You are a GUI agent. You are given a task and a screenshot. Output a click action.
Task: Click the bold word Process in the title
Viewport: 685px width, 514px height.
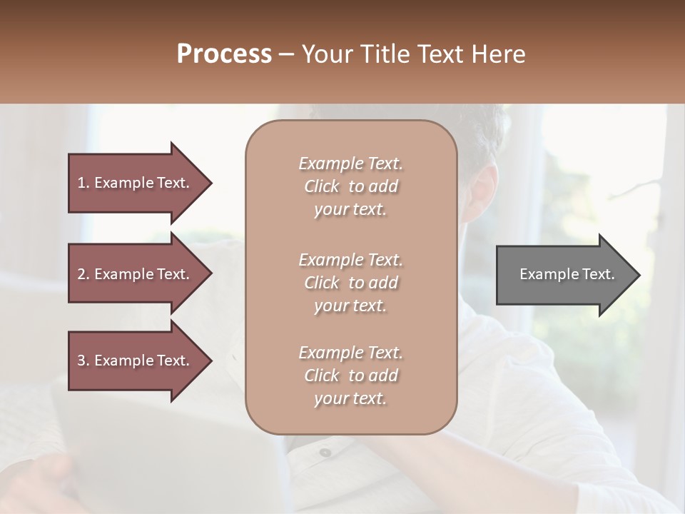tap(224, 54)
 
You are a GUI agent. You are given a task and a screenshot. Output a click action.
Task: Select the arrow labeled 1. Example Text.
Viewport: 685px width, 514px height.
tap(136, 183)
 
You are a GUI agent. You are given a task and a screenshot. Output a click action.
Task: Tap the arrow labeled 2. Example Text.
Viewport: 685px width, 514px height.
tap(136, 274)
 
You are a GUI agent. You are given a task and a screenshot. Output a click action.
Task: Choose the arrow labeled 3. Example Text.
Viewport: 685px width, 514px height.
tap(136, 361)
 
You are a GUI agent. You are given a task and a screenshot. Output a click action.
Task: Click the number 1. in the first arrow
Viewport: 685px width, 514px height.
tap(83, 183)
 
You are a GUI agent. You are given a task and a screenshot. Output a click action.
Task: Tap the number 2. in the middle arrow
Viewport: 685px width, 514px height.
tap(83, 274)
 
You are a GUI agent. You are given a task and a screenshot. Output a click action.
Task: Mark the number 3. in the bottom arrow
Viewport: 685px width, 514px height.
tap(83, 361)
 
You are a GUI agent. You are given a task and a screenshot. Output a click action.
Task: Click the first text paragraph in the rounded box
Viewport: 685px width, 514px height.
tap(350, 186)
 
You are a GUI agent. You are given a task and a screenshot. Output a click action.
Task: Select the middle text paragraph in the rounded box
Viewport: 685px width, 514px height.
tap(350, 283)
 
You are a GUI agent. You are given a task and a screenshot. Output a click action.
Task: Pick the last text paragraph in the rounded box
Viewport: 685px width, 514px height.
tap(350, 376)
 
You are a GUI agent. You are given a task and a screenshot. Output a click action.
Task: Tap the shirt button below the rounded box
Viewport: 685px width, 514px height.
tap(325, 452)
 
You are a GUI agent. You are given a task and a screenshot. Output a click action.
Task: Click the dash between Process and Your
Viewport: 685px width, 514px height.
tap(287, 55)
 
